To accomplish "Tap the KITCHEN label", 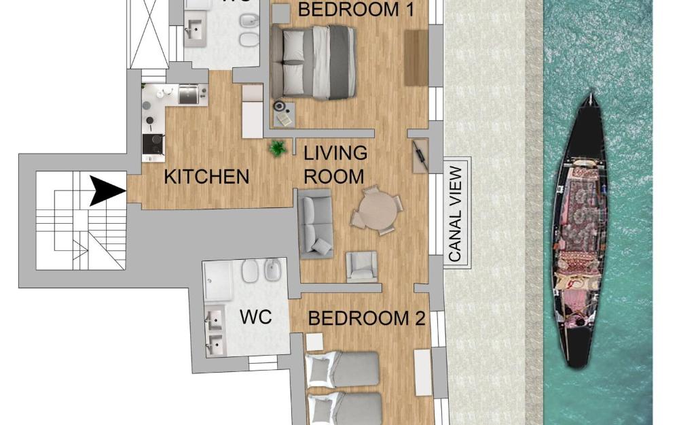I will pyautogui.click(x=207, y=177).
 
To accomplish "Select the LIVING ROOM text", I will pyautogui.click(x=335, y=165).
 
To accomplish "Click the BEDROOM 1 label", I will pyautogui.click(x=348, y=10).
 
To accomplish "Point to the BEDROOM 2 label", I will pyautogui.click(x=367, y=318).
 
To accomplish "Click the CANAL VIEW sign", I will pyautogui.click(x=456, y=214).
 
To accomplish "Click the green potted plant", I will pyautogui.click(x=277, y=148).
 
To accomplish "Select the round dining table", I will pyautogui.click(x=378, y=209).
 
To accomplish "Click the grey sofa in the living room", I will pyautogui.click(x=315, y=223).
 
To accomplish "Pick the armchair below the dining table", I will pyautogui.click(x=361, y=266).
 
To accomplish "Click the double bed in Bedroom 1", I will pyautogui.click(x=314, y=62).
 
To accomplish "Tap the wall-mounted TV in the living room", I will pyautogui.click(x=420, y=155).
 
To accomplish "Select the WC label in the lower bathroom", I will pyautogui.click(x=256, y=317).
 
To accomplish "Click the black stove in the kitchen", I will pyautogui.click(x=153, y=144).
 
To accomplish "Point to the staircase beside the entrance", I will pyautogui.click(x=81, y=221).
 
